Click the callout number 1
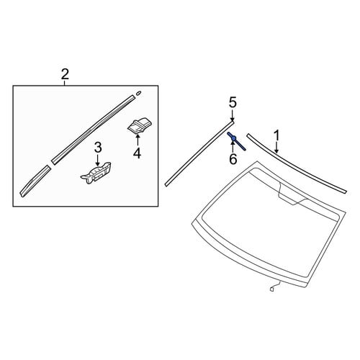tap(277, 135)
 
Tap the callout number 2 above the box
tap(65, 74)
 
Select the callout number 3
tap(98, 148)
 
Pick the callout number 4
tap(137, 153)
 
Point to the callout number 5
tap(233, 102)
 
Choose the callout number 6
tap(233, 159)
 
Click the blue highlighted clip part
tap(236, 141)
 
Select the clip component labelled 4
tap(139, 125)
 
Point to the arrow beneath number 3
tap(97, 160)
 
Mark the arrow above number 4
tap(138, 140)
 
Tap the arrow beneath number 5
tap(233, 116)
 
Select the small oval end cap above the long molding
tap(138, 93)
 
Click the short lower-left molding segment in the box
tap(35, 181)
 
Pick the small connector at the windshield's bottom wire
tap(271, 289)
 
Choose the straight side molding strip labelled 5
tap(199, 153)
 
